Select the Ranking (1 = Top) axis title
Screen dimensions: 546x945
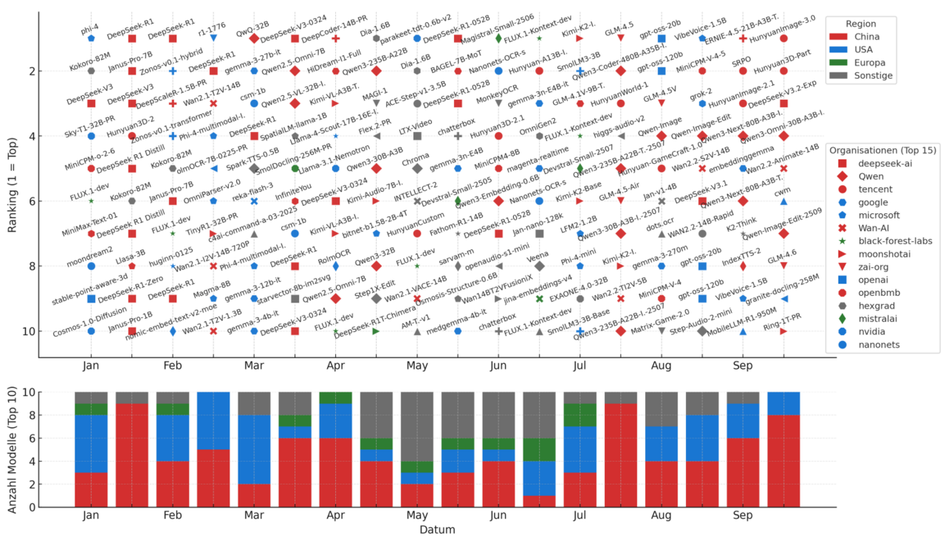(x=13, y=184)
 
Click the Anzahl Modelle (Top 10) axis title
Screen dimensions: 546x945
(x=13, y=449)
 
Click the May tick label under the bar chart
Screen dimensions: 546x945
(x=416, y=516)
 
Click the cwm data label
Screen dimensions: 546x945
(x=781, y=192)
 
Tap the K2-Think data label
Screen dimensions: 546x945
(x=740, y=224)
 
